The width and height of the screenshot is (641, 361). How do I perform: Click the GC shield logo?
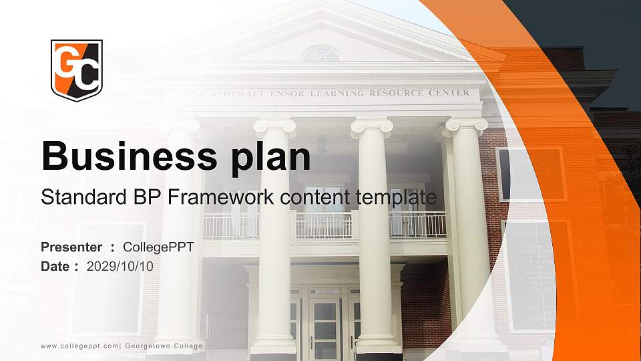(77, 70)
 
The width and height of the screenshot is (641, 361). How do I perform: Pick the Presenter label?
(71, 247)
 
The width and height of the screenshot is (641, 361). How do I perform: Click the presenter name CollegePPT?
(158, 247)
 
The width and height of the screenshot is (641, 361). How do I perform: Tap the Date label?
(55, 267)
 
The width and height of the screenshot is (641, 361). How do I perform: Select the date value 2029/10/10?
(120, 267)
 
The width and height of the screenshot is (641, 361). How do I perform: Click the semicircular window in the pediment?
(320, 54)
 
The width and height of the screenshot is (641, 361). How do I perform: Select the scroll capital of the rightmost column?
(467, 124)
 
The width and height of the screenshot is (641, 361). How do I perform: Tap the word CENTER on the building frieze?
(452, 93)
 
